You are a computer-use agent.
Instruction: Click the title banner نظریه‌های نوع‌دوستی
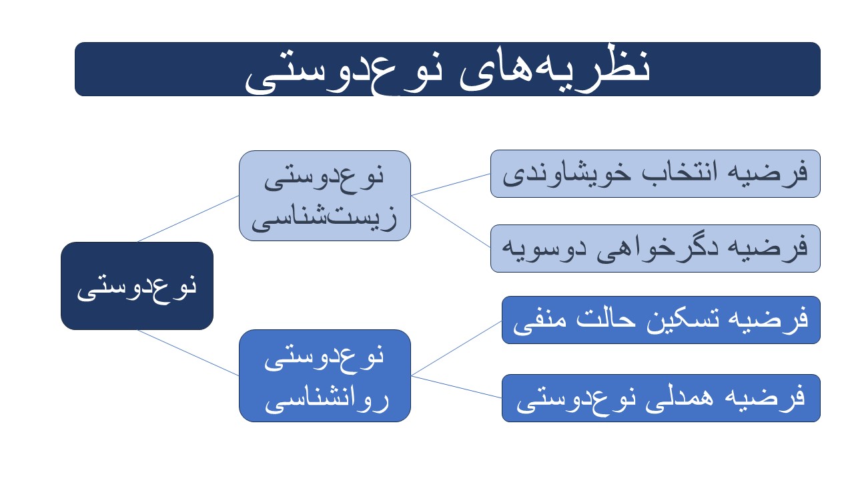click(447, 69)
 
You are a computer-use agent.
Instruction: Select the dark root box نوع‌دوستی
click(137, 286)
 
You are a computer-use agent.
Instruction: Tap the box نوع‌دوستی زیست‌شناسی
click(325, 196)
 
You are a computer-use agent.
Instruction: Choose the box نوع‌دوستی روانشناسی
click(325, 376)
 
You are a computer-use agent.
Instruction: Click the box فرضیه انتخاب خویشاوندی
click(655, 174)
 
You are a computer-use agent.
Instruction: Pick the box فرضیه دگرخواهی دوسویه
click(655, 249)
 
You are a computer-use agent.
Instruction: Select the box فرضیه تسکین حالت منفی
click(661, 320)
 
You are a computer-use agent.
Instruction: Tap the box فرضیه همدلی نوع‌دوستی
click(661, 398)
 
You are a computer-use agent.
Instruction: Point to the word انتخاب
click(679, 172)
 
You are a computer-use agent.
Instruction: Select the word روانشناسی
click(327, 400)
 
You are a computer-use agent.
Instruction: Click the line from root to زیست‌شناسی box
click(188, 218)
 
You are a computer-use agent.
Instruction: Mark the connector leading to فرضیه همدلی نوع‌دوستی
click(456, 387)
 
